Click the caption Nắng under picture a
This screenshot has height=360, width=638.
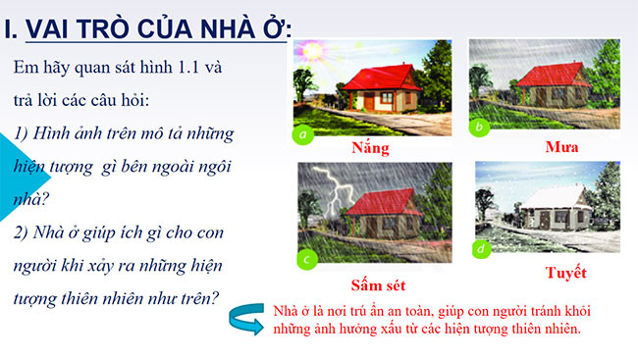pyautogui.click(x=370, y=149)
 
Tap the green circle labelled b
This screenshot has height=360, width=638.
pyautogui.click(x=480, y=128)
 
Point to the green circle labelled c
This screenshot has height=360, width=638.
pyautogui.click(x=307, y=259)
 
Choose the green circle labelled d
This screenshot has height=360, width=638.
pyautogui.click(x=481, y=250)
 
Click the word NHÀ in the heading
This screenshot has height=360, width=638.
pyautogui.click(x=222, y=29)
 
